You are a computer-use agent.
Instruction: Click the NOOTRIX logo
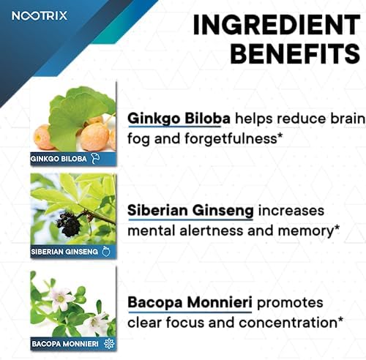coord(40,16)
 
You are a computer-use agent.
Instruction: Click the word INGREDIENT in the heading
coord(277,25)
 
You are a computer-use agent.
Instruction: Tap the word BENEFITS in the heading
coord(295,53)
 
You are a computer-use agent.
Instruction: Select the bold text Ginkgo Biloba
coord(179,119)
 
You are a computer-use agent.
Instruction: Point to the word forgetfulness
coord(231,139)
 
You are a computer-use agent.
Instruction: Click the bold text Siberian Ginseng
coord(190,211)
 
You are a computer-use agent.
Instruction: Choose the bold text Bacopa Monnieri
coord(190,302)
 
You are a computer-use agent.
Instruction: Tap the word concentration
coord(288,323)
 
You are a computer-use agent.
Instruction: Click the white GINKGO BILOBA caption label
coord(59,159)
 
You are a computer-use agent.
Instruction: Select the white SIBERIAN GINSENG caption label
coord(64,252)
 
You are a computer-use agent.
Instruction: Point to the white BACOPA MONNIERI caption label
coord(65,344)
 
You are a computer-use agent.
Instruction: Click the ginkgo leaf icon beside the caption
coord(95,159)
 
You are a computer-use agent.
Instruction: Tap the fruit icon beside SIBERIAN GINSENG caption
coord(106,252)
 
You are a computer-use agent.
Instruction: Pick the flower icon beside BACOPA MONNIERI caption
coord(109,344)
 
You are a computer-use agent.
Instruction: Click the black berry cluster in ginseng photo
coord(69,225)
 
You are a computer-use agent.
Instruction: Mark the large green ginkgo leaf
coord(79,118)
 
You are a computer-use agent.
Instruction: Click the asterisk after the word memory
coord(337,228)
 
